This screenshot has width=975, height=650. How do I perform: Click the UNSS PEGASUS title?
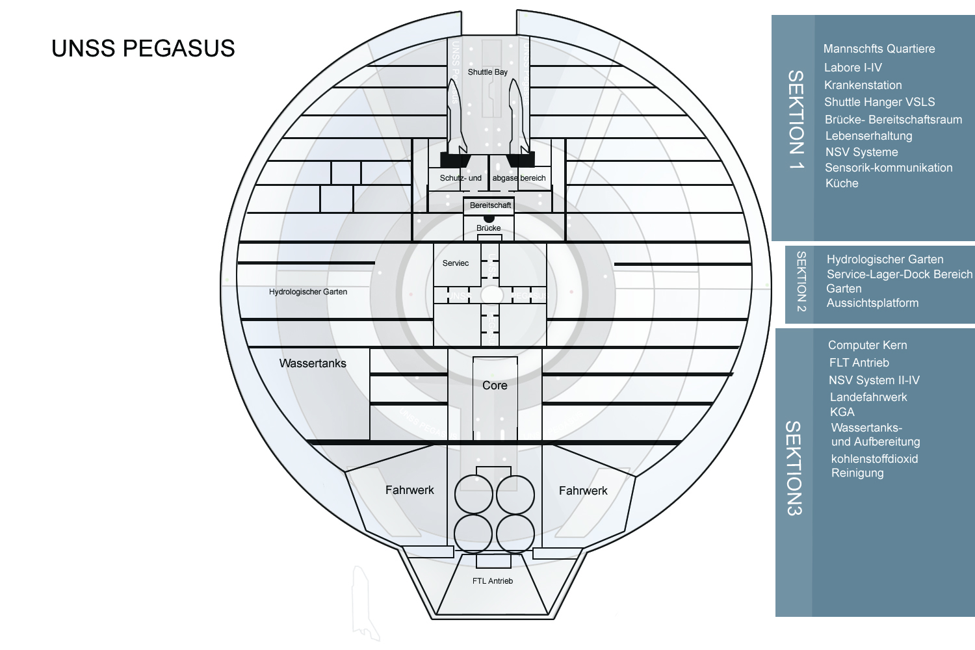tap(143, 49)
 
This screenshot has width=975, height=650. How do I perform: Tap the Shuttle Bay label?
tap(487, 72)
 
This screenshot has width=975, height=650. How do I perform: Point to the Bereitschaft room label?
tap(490, 205)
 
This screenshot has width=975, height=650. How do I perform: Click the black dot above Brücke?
tap(489, 218)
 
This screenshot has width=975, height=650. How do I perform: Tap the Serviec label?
tap(455, 263)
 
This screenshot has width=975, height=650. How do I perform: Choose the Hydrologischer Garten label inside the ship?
tap(308, 292)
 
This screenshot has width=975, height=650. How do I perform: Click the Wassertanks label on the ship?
tap(313, 363)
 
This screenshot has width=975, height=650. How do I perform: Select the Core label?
tap(495, 385)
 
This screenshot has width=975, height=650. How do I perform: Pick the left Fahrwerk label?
tap(409, 490)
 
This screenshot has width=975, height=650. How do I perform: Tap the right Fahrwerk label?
tap(583, 491)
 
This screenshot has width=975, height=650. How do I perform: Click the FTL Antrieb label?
tap(493, 581)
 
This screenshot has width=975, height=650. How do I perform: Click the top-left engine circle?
tap(473, 495)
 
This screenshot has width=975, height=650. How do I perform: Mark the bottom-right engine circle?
tap(515, 534)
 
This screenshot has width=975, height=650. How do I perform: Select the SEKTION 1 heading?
tap(796, 120)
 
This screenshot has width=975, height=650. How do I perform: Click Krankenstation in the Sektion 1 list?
tap(863, 85)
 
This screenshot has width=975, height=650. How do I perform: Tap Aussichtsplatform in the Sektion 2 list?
tap(872, 303)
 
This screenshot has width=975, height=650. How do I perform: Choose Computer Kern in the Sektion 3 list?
tap(867, 345)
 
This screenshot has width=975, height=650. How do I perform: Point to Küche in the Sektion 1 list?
tap(842, 183)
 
